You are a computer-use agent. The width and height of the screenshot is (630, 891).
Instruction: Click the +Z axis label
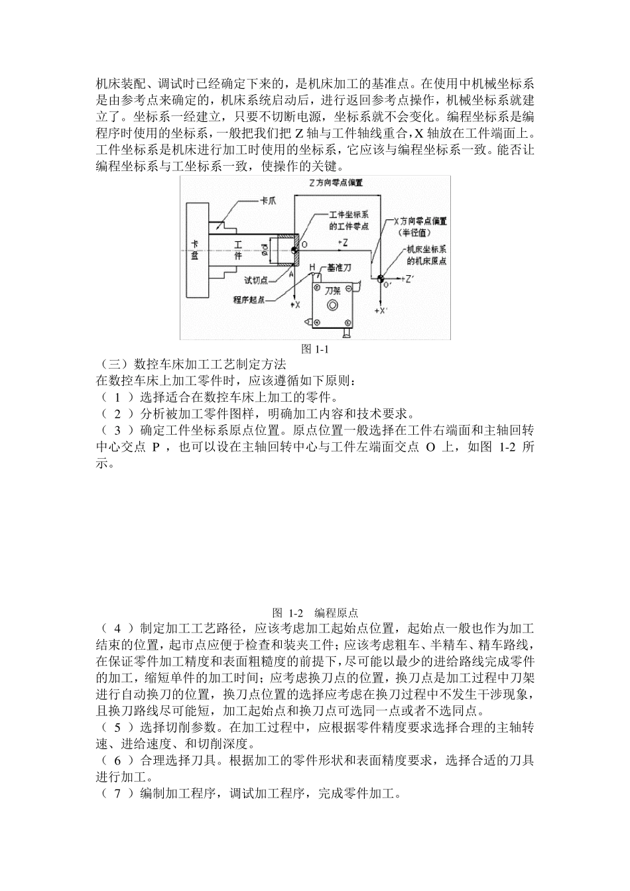pos(343,243)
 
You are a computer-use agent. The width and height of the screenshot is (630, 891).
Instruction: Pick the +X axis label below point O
pos(295,304)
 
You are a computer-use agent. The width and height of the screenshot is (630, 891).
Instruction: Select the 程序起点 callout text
pos(249,300)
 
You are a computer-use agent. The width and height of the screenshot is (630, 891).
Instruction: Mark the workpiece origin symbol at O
pos(294,250)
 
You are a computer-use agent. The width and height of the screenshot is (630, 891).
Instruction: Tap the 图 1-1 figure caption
pos(315,349)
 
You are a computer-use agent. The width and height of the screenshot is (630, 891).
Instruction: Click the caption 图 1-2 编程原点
pos(315,612)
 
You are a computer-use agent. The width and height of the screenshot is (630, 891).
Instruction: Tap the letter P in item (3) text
pos(156,447)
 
